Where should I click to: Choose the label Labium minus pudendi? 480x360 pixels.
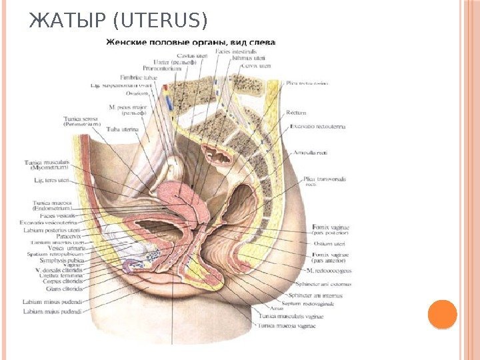point(53,301)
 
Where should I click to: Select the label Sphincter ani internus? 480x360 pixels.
point(318,294)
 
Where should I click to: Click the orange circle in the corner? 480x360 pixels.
point(442,314)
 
